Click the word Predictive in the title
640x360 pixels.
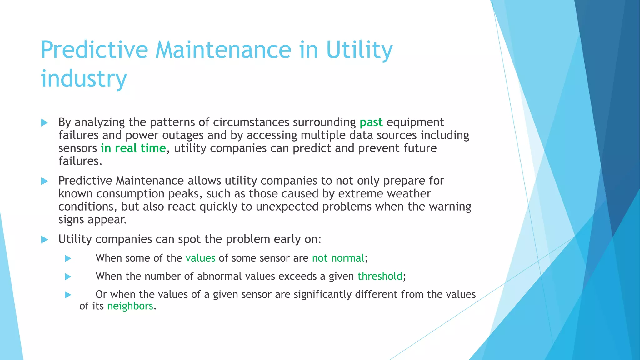click(x=94, y=50)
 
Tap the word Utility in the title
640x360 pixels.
click(x=359, y=50)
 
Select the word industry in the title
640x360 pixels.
click(x=84, y=78)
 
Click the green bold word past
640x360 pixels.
click(x=371, y=122)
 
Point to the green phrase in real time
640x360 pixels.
click(x=133, y=148)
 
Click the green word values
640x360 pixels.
click(x=200, y=258)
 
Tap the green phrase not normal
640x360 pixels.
click(x=338, y=258)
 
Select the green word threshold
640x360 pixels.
click(x=380, y=276)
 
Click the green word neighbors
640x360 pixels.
click(x=130, y=306)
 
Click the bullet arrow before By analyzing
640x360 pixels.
click(x=44, y=122)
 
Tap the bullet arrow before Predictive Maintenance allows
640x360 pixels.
click(x=44, y=181)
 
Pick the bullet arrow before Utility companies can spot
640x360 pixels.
click(x=44, y=240)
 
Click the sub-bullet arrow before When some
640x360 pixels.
click(x=68, y=258)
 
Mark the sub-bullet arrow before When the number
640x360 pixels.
click(x=68, y=277)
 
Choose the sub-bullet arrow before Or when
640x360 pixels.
click(x=68, y=295)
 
